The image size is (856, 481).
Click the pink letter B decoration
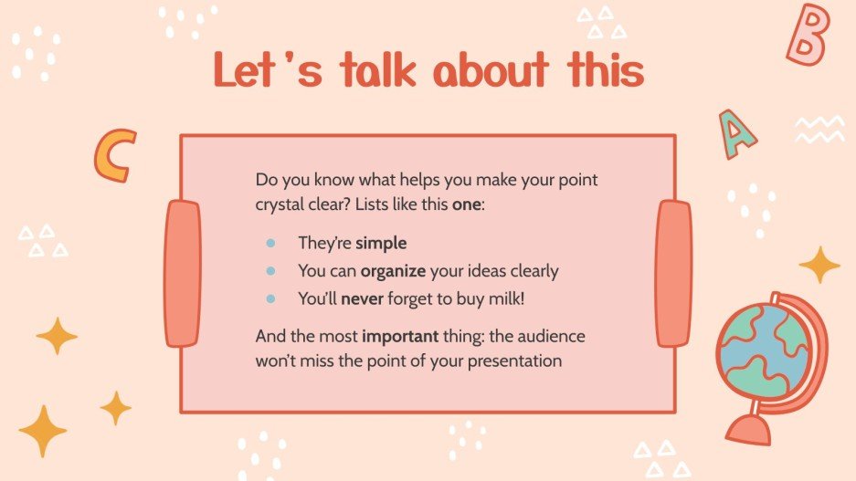[x=808, y=34]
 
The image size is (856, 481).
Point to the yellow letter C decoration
[x=114, y=154]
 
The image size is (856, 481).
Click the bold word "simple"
[x=381, y=244]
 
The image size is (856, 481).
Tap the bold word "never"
[x=361, y=298]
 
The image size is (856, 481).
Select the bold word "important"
[x=402, y=336]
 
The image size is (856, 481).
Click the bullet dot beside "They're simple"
[x=270, y=244]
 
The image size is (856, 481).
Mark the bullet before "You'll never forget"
[x=270, y=298]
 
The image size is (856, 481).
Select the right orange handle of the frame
[x=674, y=273]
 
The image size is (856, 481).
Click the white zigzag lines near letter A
[x=819, y=130]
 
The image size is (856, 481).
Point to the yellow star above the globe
[x=819, y=265]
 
